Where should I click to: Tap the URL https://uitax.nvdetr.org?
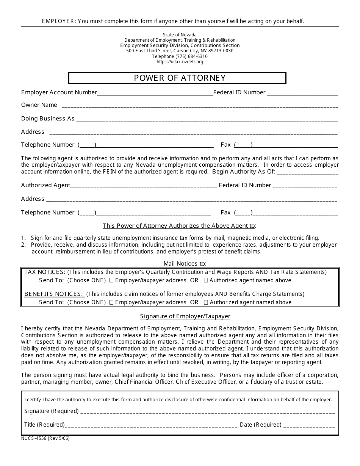tap(180, 62)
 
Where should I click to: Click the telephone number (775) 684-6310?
tap(180, 56)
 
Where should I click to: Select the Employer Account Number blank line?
tap(155, 93)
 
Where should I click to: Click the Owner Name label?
tap(39, 105)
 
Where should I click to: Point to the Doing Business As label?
tap(48, 119)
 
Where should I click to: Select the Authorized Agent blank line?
tap(144, 186)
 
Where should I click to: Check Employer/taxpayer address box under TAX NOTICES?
tap(111, 280)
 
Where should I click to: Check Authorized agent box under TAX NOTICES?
tap(206, 280)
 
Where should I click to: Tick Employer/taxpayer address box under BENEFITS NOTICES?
tap(111, 302)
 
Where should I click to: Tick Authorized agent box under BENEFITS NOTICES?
tap(206, 302)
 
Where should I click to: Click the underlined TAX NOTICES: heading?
tap(45, 272)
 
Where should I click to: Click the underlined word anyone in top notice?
tap(168, 21)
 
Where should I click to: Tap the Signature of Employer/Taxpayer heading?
tap(185, 316)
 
